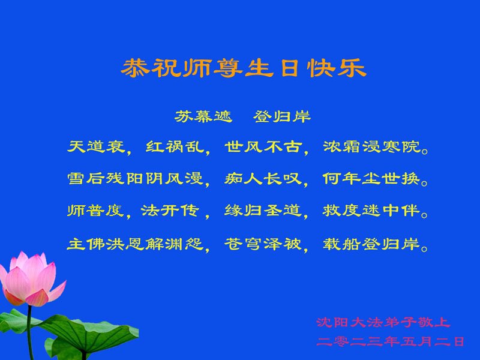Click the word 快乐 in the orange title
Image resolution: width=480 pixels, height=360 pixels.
click(337, 68)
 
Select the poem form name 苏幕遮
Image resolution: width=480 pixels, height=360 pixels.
click(203, 116)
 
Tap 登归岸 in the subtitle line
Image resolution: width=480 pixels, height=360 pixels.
click(282, 116)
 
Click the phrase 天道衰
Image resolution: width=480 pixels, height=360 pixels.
click(96, 146)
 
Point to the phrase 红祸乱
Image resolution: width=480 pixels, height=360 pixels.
click(175, 146)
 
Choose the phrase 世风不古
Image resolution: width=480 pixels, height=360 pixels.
click(263, 146)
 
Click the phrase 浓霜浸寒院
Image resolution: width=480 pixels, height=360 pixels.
click(371, 146)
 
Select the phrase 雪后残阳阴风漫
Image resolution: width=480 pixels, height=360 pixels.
click(135, 178)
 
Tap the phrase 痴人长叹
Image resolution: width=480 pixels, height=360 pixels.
click(263, 178)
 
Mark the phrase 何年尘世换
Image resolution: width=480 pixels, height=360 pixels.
click(371, 178)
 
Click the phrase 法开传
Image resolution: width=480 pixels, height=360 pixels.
click(170, 211)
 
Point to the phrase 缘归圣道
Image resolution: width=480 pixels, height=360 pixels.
click(263, 211)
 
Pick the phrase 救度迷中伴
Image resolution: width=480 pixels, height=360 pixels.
click(371, 211)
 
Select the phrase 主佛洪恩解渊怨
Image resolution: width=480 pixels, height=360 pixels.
click(135, 244)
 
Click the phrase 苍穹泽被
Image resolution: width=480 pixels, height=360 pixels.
click(263, 244)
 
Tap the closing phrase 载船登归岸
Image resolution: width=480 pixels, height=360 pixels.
click(371, 244)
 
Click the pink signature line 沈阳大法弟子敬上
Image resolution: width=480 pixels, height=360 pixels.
click(383, 322)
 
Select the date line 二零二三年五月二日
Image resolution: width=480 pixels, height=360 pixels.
click(391, 341)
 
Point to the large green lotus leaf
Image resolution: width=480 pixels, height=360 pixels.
click(89, 334)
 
